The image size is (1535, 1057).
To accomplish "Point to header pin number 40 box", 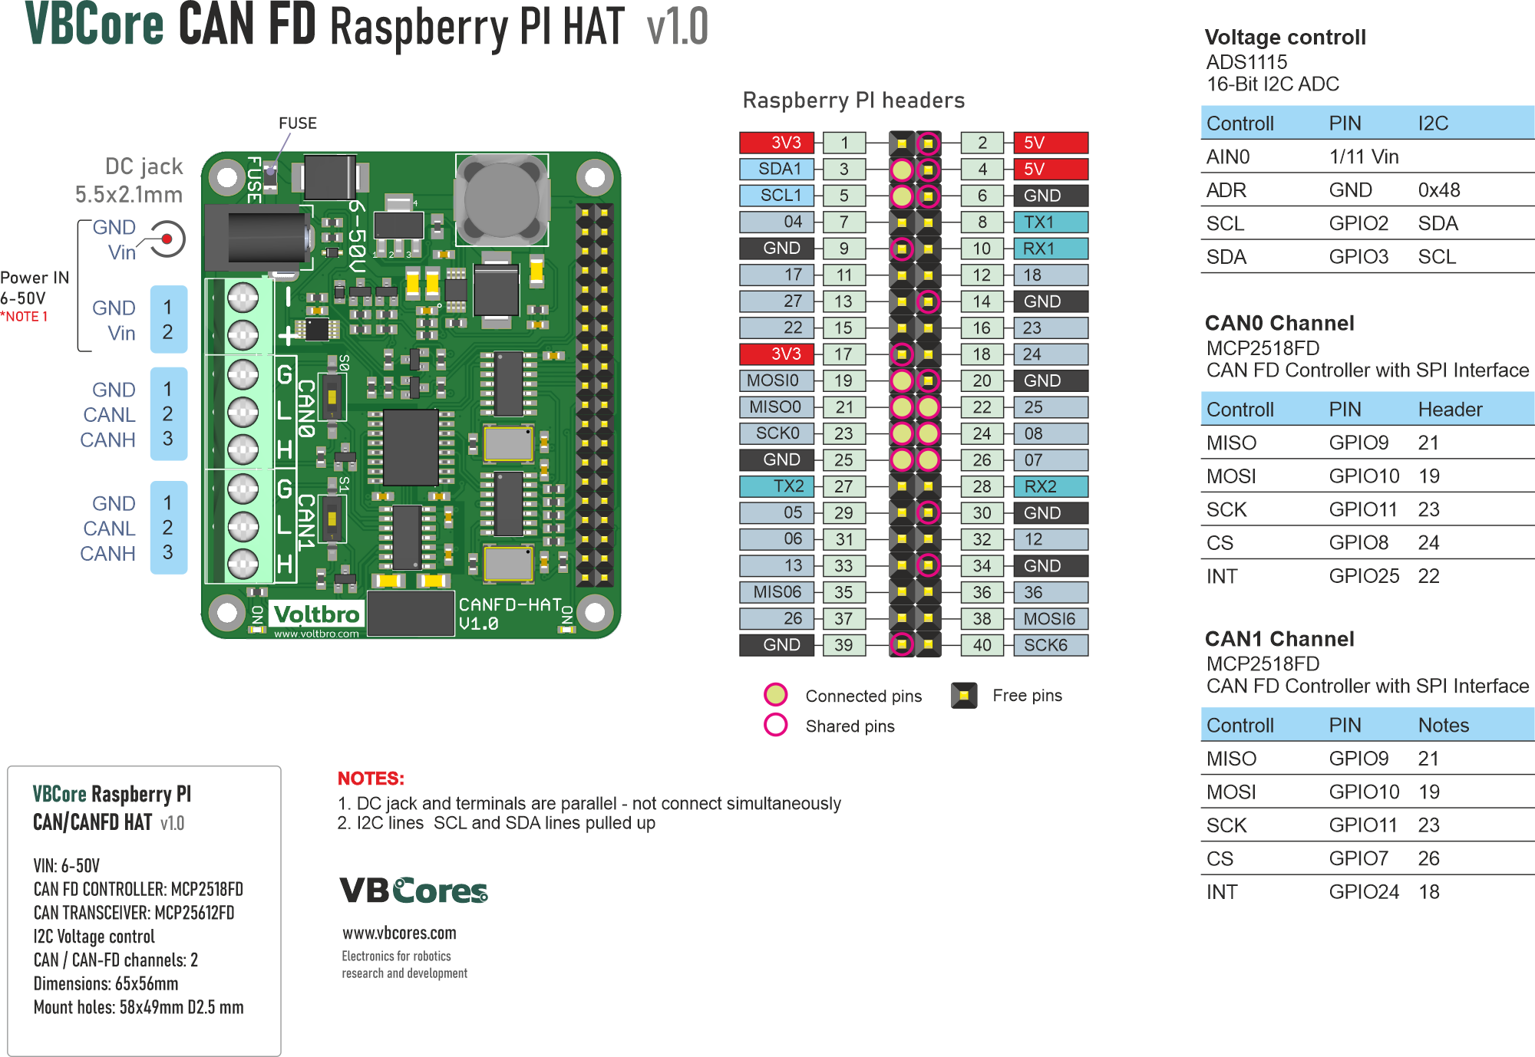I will (982, 645).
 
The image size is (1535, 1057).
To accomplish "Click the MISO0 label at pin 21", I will (777, 407).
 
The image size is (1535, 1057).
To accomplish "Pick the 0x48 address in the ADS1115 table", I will (1438, 190).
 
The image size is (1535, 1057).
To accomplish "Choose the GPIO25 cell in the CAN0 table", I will (1364, 576).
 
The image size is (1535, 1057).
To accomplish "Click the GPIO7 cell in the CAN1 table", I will (1358, 858).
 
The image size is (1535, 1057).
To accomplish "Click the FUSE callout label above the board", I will (298, 123).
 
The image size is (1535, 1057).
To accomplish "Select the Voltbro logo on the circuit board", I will (316, 614).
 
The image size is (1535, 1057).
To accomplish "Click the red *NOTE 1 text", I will (24, 317).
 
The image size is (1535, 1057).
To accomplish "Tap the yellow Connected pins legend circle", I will (776, 695).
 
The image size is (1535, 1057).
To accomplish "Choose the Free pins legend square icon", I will (964, 696).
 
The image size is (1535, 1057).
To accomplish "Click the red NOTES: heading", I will (371, 779).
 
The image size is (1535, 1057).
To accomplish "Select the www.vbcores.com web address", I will (399, 934).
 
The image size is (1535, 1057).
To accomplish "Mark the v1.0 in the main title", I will (677, 28).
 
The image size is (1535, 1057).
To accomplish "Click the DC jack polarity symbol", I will (167, 239).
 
